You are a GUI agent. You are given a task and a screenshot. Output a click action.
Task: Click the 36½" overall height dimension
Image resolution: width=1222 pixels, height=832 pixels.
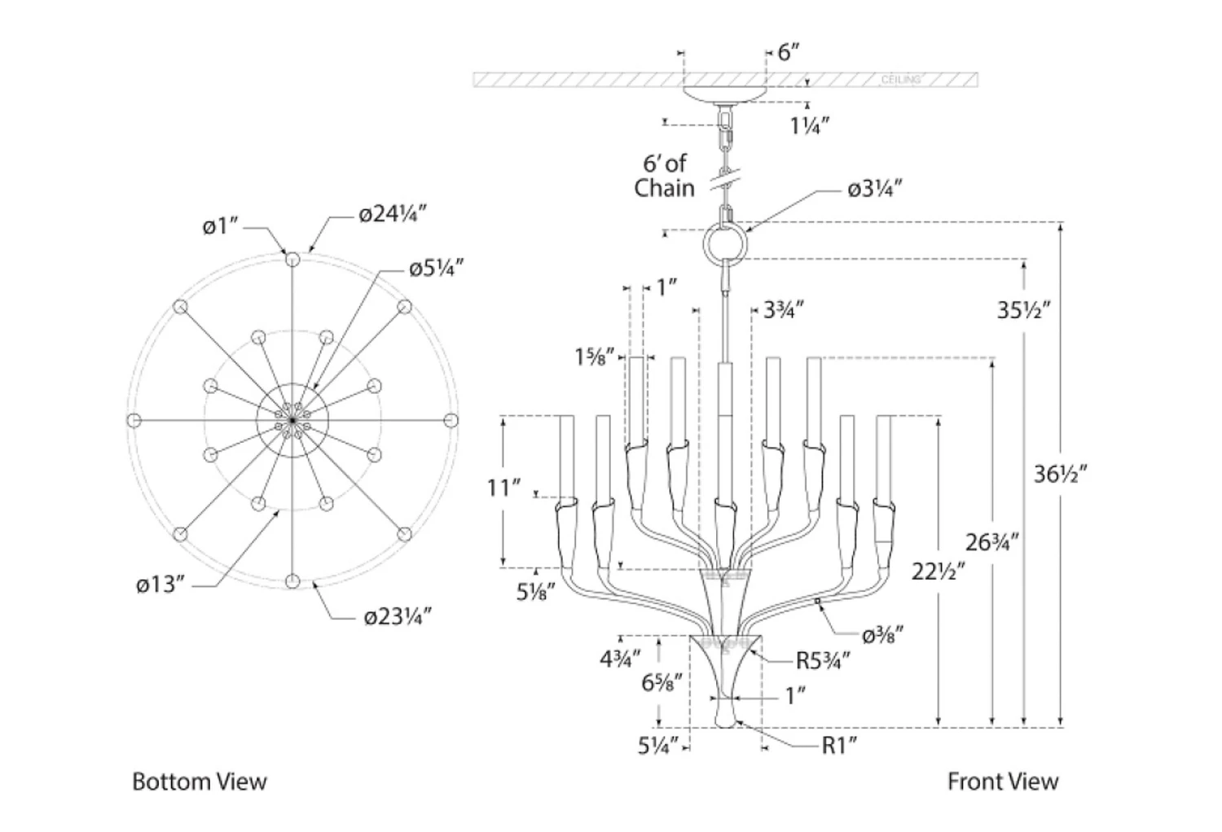click(1061, 474)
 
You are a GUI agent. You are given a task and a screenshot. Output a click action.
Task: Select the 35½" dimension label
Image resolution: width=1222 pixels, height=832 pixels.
click(1024, 310)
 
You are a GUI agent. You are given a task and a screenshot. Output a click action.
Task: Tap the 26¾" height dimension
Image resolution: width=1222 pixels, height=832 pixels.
click(992, 541)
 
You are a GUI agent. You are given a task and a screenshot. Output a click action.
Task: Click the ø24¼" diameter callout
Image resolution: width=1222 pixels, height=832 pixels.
click(393, 214)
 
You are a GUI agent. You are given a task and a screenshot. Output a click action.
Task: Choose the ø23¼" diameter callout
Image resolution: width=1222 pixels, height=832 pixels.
click(396, 616)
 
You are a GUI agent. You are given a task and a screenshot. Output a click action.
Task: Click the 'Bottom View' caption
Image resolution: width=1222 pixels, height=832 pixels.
click(200, 782)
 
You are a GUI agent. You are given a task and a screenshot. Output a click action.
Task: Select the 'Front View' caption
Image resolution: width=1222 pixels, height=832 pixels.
click(1002, 782)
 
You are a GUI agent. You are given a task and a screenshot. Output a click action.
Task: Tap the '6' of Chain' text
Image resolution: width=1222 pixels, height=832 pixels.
click(665, 176)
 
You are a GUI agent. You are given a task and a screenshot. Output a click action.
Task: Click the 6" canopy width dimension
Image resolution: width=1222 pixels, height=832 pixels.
click(789, 53)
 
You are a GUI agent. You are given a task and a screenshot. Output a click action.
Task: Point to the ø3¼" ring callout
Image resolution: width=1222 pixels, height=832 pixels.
click(875, 190)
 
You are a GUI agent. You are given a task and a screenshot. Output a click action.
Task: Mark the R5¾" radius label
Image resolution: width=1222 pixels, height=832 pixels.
click(823, 660)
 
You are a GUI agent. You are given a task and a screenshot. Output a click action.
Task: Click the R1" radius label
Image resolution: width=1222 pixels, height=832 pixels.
click(839, 745)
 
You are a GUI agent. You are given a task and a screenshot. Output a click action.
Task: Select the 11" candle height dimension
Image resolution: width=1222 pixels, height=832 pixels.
click(503, 488)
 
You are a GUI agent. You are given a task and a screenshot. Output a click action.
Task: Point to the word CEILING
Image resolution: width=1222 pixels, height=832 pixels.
click(901, 80)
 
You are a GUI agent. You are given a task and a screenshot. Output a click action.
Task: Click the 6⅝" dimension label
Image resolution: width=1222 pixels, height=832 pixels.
click(661, 682)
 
